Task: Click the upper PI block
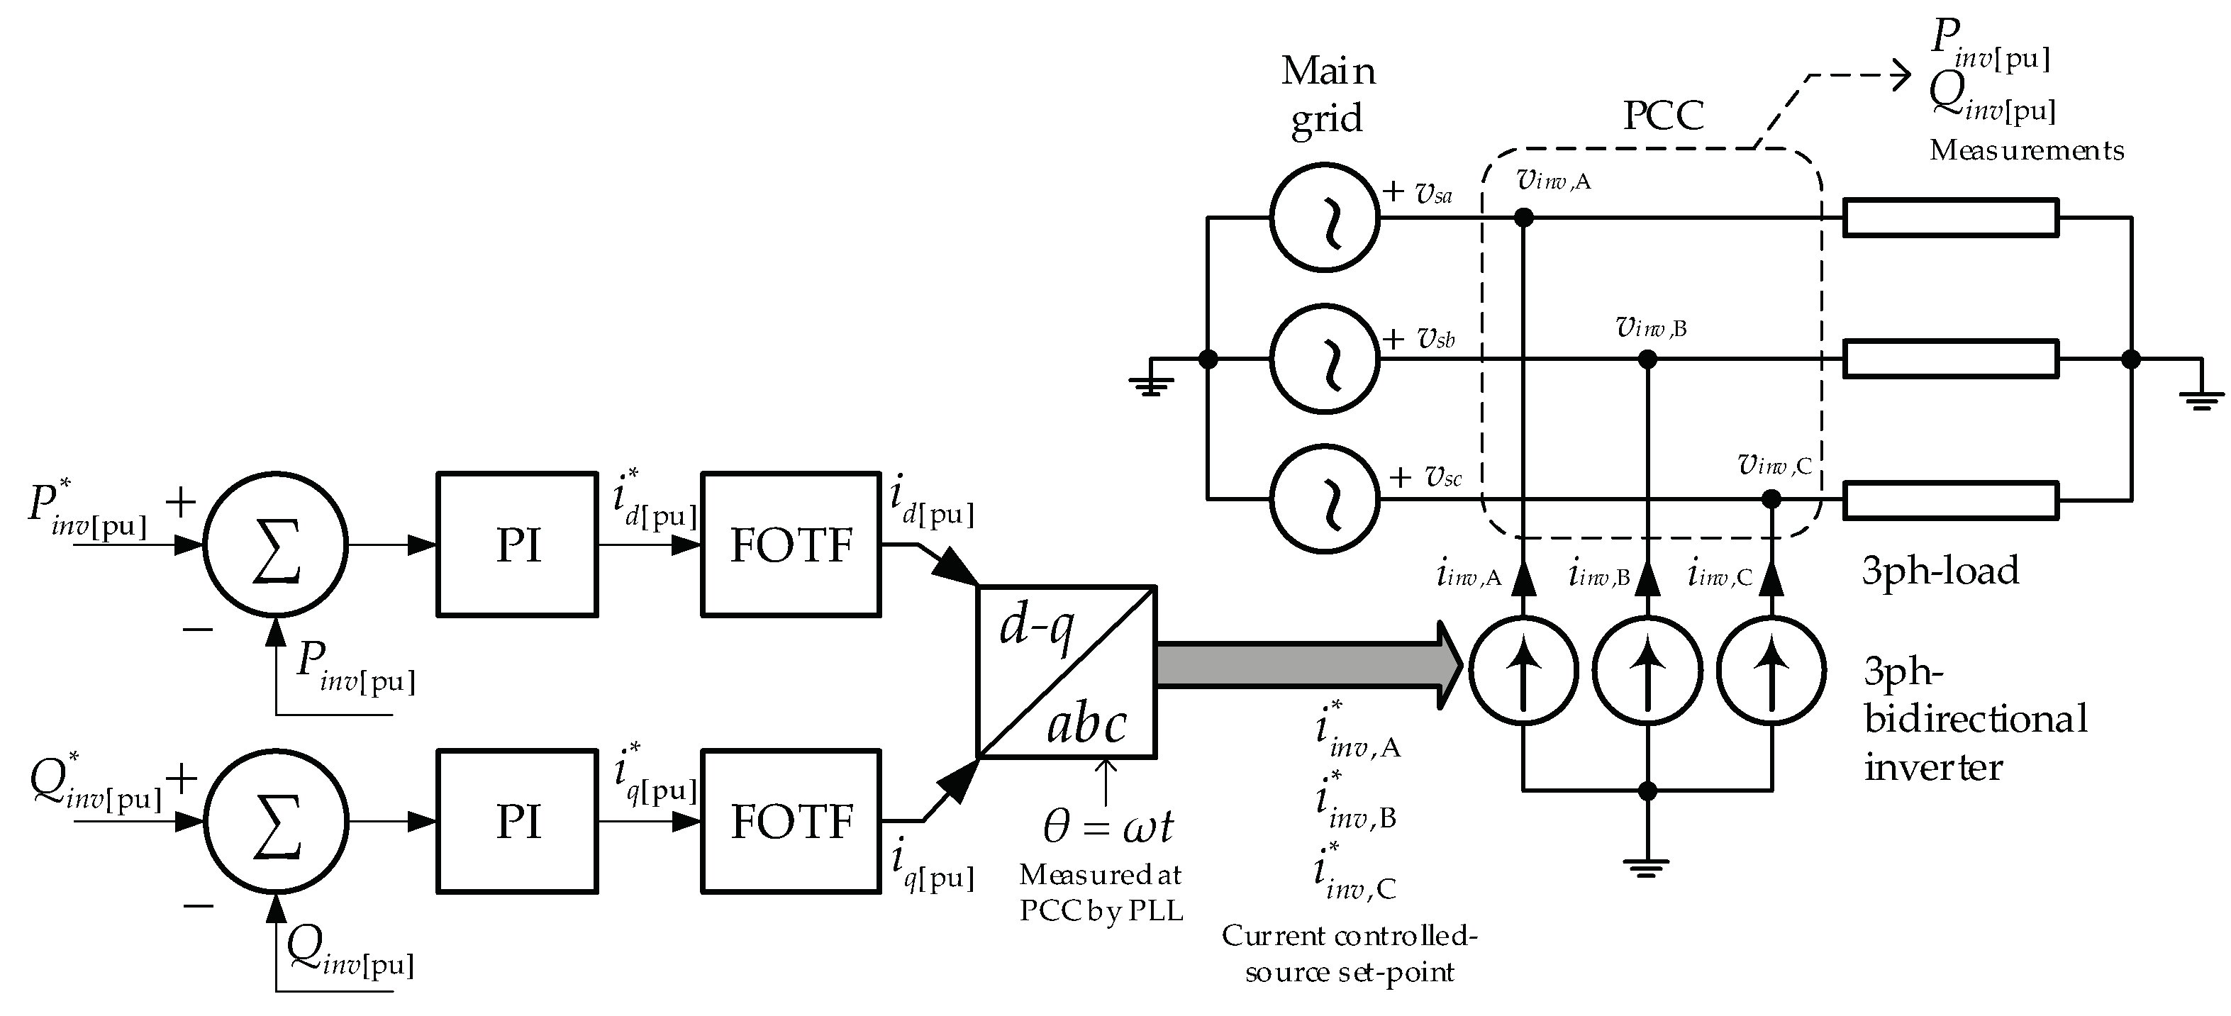[x=517, y=544]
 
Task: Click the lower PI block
[x=517, y=820]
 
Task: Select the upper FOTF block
[x=791, y=544]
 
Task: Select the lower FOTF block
[x=791, y=820]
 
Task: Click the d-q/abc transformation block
[x=1066, y=671]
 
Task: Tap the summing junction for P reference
[x=275, y=544]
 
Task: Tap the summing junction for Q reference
[x=275, y=820]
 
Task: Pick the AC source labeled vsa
[x=1324, y=218]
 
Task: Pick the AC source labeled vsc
[x=1324, y=499]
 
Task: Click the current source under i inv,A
[x=1523, y=669]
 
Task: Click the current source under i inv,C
[x=1771, y=669]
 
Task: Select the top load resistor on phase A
[x=1950, y=218]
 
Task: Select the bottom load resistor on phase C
[x=1950, y=500]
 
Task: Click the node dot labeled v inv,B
[x=1648, y=359]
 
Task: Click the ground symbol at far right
[x=2201, y=398]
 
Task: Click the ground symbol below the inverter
[x=1647, y=868]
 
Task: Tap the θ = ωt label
[x=1108, y=827]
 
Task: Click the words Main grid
[x=1327, y=94]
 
